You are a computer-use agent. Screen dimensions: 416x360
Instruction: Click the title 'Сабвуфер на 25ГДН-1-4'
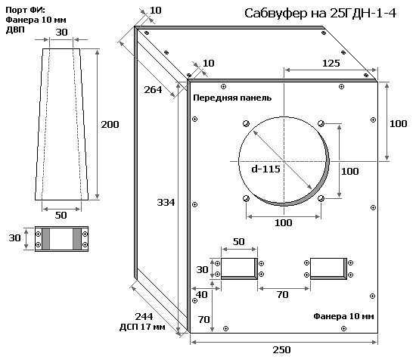click(320, 14)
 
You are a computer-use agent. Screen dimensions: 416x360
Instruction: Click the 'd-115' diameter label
click(265, 169)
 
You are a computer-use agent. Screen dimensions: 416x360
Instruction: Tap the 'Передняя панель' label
click(232, 98)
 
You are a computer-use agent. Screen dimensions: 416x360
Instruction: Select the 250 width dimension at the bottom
click(282, 349)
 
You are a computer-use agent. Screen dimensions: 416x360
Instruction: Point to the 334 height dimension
click(166, 203)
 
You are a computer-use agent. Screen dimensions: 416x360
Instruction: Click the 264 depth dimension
click(153, 90)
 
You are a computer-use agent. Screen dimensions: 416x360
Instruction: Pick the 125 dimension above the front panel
click(331, 63)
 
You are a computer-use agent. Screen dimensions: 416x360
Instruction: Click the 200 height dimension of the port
click(110, 125)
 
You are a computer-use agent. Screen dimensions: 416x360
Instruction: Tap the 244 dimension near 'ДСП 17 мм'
click(144, 316)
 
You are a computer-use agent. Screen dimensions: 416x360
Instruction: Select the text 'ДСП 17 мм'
click(142, 327)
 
